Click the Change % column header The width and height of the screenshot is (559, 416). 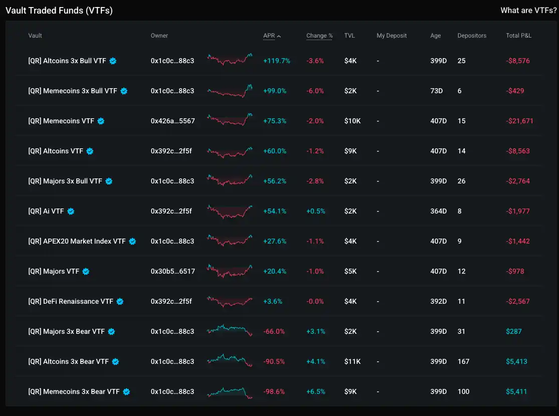click(x=319, y=36)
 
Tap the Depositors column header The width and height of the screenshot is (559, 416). click(x=472, y=36)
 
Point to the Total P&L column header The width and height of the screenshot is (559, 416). click(x=518, y=36)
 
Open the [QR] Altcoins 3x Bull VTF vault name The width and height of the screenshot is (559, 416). click(x=68, y=61)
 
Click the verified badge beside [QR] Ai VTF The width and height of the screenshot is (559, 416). click(x=71, y=212)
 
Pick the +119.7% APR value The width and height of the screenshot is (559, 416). click(x=277, y=61)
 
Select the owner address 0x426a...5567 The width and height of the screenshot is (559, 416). click(x=172, y=121)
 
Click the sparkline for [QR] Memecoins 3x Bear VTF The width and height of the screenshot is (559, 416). click(x=230, y=391)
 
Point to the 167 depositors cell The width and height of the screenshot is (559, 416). click(x=463, y=361)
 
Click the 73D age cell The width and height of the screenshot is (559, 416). click(x=436, y=91)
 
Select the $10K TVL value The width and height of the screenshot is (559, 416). click(x=352, y=121)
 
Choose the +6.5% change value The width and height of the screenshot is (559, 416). click(x=316, y=391)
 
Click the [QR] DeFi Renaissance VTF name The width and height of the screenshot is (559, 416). click(x=71, y=301)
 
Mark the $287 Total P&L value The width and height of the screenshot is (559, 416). click(x=514, y=331)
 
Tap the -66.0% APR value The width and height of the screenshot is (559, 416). click(x=274, y=331)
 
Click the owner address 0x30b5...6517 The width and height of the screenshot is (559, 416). click(x=172, y=271)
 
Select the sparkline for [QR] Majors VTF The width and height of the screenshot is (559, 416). click(x=230, y=271)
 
